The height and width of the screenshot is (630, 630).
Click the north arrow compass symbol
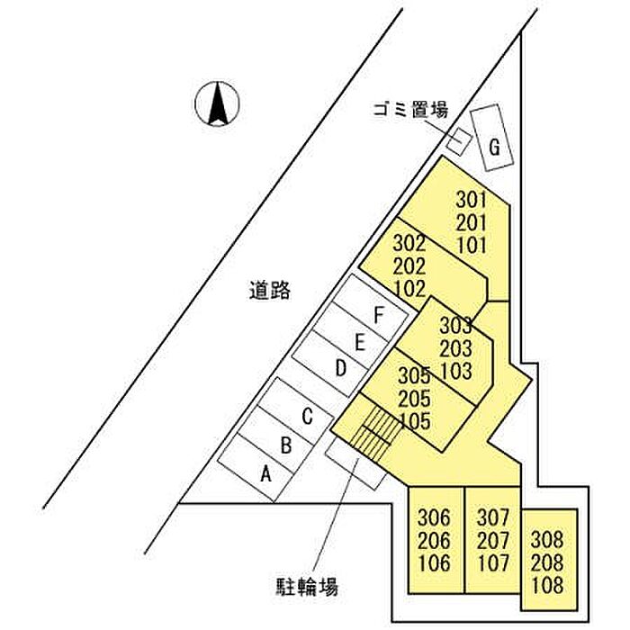click(217, 103)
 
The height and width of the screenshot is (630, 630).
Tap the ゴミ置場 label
click(410, 109)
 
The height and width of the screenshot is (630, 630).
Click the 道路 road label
click(269, 290)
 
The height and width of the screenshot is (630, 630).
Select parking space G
click(492, 138)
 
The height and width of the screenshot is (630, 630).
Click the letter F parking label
click(379, 315)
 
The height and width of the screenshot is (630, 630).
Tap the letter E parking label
click(360, 343)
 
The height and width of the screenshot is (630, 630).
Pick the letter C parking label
click(308, 416)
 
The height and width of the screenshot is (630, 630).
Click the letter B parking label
click(286, 445)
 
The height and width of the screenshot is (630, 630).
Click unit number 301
click(472, 200)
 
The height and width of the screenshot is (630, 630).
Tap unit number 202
click(409, 265)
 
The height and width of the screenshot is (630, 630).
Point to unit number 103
click(456, 371)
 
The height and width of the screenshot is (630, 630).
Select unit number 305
click(414, 375)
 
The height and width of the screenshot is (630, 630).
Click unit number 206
click(434, 540)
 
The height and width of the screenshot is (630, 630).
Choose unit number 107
click(493, 562)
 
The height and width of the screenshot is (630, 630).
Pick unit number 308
click(547, 540)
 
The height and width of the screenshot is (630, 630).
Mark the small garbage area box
click(459, 141)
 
